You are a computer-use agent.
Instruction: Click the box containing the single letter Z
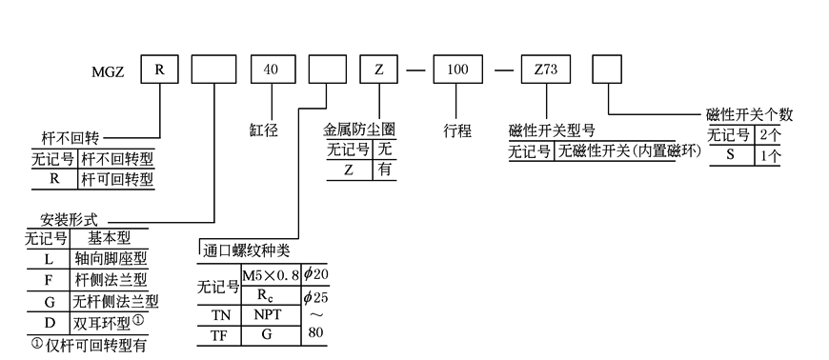click(x=379, y=70)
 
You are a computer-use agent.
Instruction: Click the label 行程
click(x=457, y=130)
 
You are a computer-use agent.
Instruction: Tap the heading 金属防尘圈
click(x=360, y=130)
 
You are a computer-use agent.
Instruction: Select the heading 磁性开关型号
click(x=552, y=130)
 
